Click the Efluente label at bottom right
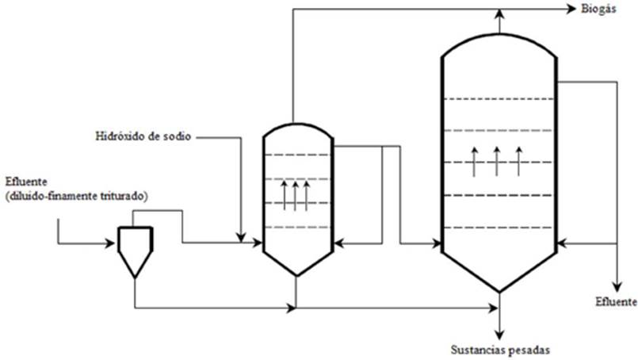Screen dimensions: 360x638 tap(616, 302)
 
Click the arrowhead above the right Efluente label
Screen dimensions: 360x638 tap(617, 286)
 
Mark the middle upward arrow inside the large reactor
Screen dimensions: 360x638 tap(497, 161)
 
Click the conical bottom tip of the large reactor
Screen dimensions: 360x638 tap(499, 289)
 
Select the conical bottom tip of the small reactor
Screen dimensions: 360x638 tap(296, 274)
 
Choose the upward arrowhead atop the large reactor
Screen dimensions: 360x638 tap(499, 14)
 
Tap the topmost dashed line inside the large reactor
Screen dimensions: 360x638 tap(499, 98)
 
